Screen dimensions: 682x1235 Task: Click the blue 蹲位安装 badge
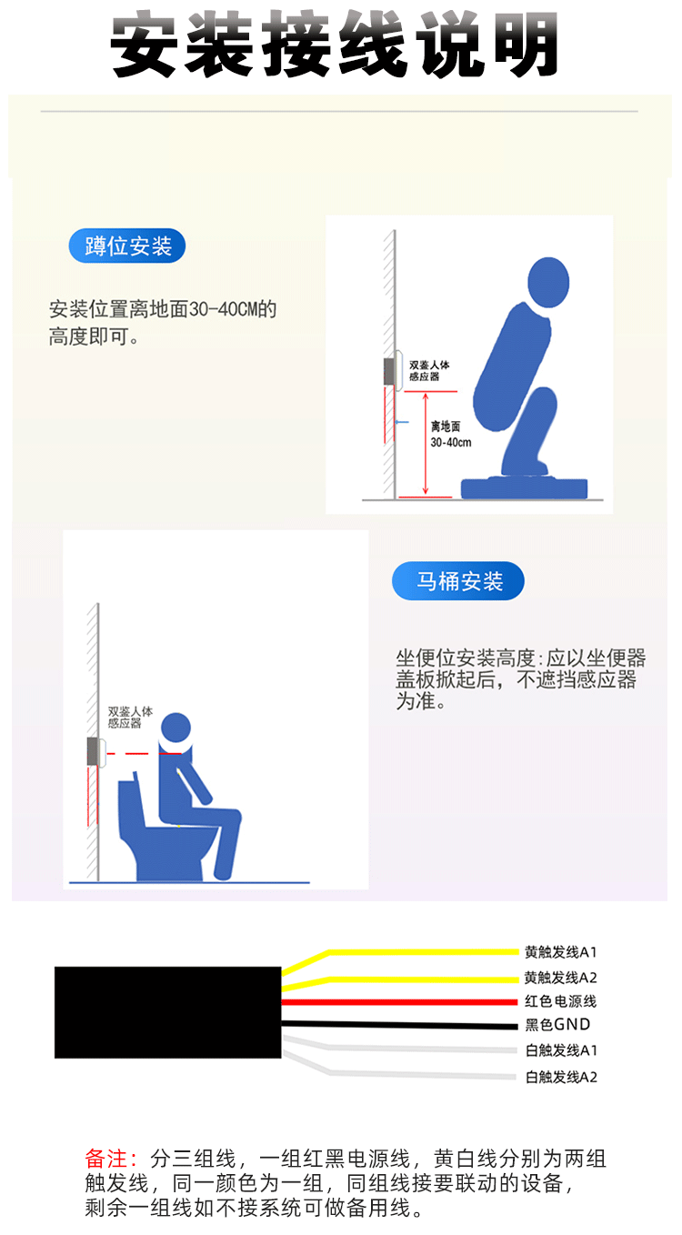(126, 246)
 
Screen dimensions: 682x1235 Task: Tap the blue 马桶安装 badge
(457, 580)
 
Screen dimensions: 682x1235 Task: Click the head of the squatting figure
(548, 282)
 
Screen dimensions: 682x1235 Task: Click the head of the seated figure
(176, 728)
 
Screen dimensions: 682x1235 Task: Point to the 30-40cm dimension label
(450, 442)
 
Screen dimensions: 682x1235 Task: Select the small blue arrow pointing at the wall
(403, 422)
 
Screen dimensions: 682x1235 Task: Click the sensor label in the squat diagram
(429, 370)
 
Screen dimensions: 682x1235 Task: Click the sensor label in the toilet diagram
(129, 718)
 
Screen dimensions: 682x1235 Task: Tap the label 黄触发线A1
(560, 951)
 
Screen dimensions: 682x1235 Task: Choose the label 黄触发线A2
(560, 978)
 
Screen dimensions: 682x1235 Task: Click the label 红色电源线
(560, 1001)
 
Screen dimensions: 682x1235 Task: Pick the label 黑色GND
(557, 1024)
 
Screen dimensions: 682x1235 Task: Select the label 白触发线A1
(561, 1050)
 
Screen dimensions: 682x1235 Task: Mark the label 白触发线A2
(561, 1077)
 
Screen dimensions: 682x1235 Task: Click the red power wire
(400, 1002)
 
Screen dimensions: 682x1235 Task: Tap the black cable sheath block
(167, 1012)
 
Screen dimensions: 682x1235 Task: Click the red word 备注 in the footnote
(106, 1158)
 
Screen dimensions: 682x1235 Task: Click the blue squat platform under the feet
(524, 488)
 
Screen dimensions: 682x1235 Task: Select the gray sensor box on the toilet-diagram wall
(93, 751)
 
